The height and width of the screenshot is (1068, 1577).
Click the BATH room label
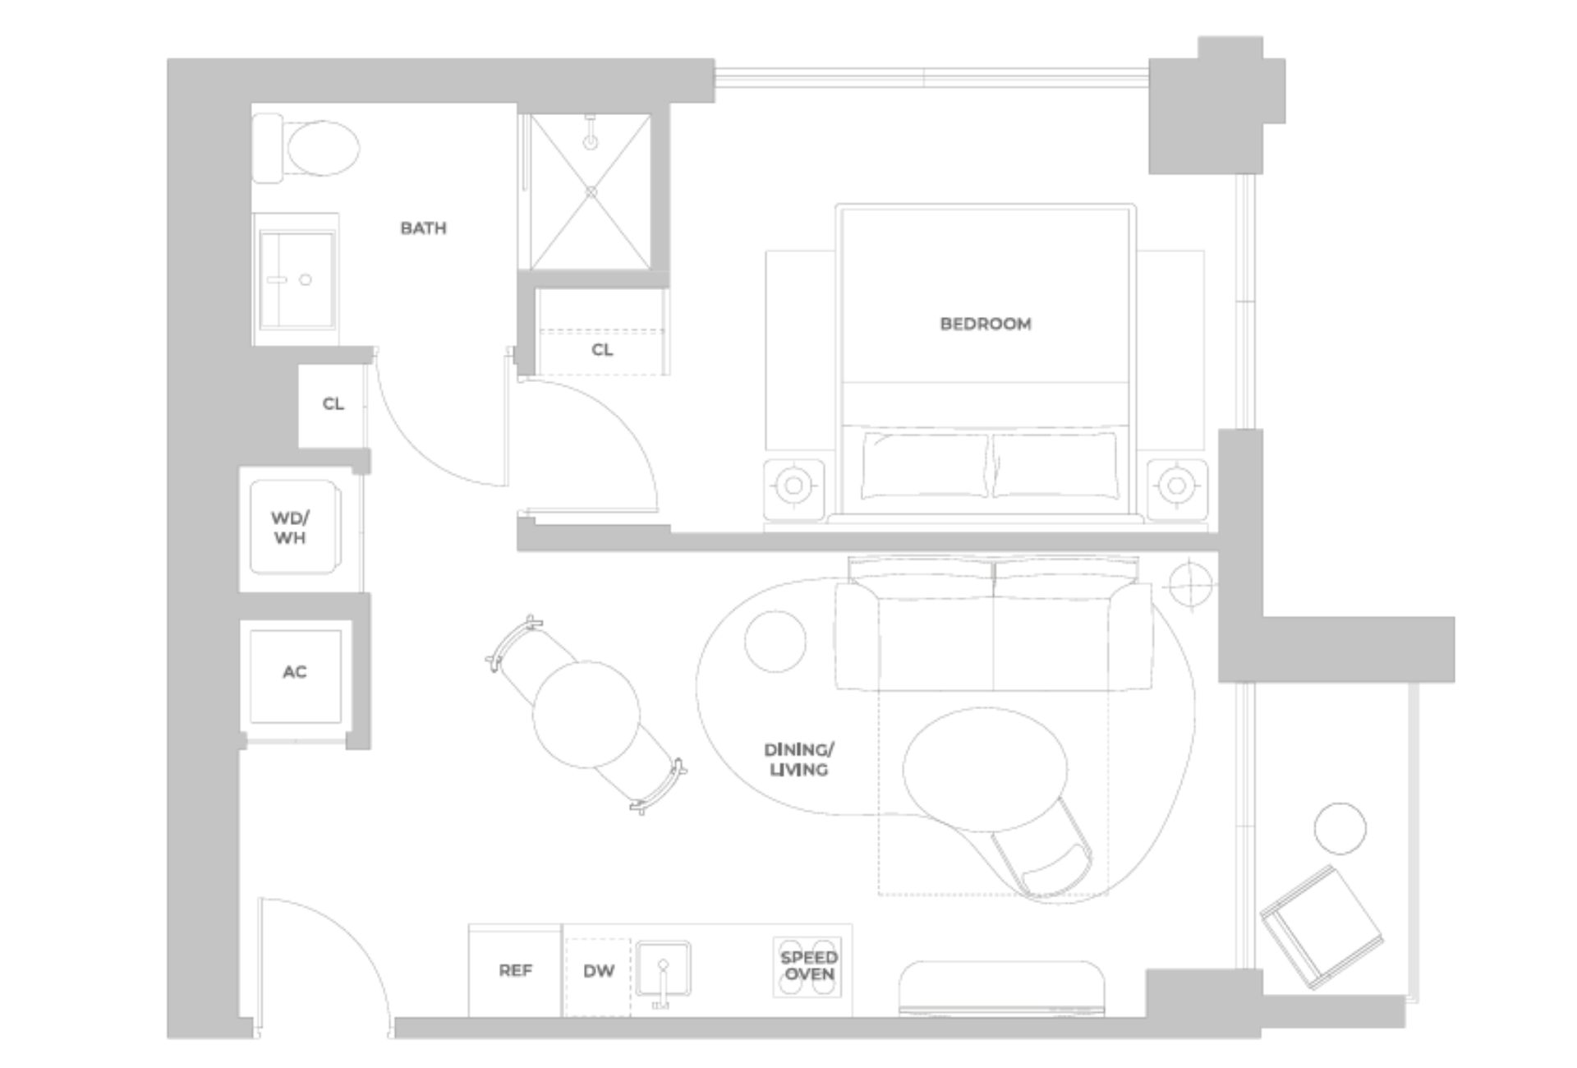pos(423,228)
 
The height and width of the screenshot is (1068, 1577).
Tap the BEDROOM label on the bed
pos(985,324)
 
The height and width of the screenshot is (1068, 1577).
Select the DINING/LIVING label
pos(798,760)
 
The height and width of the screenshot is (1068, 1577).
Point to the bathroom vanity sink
pos(296,279)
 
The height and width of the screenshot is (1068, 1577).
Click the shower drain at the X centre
pos(591,191)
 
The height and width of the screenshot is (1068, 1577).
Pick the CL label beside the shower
pos(602,350)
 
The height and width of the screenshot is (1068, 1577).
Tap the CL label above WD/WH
pos(333,403)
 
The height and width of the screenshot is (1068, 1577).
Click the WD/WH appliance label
pos(290,528)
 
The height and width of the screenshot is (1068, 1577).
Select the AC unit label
pos(294,672)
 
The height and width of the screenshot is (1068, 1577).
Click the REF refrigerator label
pos(515,970)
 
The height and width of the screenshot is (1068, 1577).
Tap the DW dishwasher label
pos(599,970)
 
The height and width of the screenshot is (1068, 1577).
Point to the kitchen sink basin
pos(663,969)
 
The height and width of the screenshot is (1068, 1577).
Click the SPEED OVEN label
pos(808,966)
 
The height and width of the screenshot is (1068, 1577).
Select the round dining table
pos(586,714)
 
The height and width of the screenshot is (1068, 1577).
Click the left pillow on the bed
pos(925,466)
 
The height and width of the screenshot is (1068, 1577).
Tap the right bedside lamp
pos(1177,485)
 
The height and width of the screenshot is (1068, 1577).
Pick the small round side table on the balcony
pos(1340,828)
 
